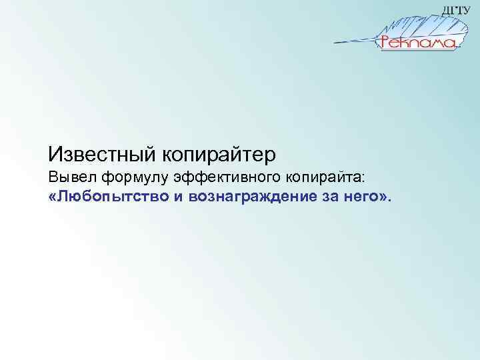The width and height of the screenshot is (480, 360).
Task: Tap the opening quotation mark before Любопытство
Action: tap(52, 198)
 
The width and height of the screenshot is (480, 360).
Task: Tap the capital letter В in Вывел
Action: tap(53, 179)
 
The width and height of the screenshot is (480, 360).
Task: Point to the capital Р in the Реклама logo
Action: tap(386, 43)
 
